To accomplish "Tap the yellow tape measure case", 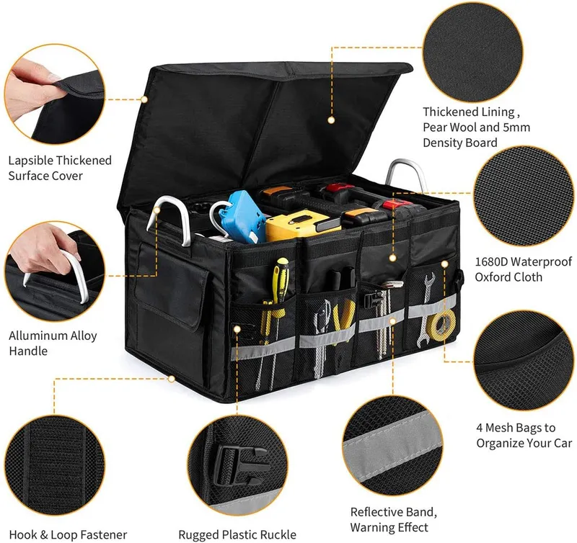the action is (x=297, y=225).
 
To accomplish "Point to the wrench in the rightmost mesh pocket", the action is (x=424, y=309).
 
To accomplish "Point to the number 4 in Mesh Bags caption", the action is (x=480, y=428).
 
